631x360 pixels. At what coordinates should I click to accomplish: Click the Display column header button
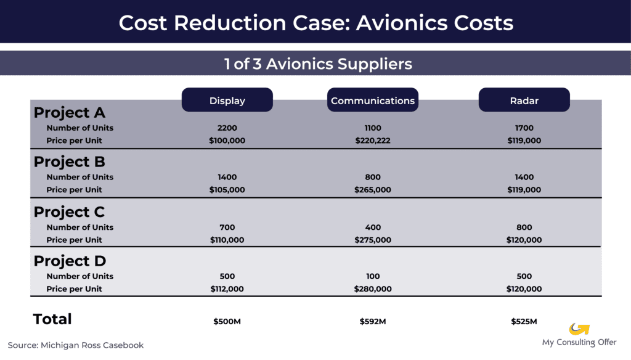coord(227,100)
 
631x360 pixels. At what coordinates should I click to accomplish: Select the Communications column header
coord(373,100)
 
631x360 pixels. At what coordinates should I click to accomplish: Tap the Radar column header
coord(524,100)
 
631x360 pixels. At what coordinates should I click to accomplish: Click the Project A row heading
coord(69,113)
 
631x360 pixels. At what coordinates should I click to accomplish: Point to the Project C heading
coord(69,212)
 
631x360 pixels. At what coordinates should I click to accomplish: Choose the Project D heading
coord(70,261)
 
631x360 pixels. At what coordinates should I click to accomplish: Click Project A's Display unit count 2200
coord(227,128)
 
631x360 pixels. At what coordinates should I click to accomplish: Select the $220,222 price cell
coord(373,141)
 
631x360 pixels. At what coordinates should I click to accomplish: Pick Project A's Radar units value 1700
coord(524,128)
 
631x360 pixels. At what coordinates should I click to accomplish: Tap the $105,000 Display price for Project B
coord(227,190)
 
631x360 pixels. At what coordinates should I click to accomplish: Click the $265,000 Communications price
coord(373,190)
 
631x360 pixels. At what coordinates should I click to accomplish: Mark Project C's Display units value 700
coord(227,227)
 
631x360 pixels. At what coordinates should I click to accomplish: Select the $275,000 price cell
coord(373,240)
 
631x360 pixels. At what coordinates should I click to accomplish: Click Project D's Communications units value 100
coord(373,276)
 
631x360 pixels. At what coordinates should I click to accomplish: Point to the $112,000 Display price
coord(227,289)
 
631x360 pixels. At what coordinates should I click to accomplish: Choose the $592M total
coord(373,321)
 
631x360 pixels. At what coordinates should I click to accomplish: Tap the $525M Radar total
coord(524,321)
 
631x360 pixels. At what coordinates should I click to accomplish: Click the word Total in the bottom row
coord(52,319)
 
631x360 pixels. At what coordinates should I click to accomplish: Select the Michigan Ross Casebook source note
coord(76,345)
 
